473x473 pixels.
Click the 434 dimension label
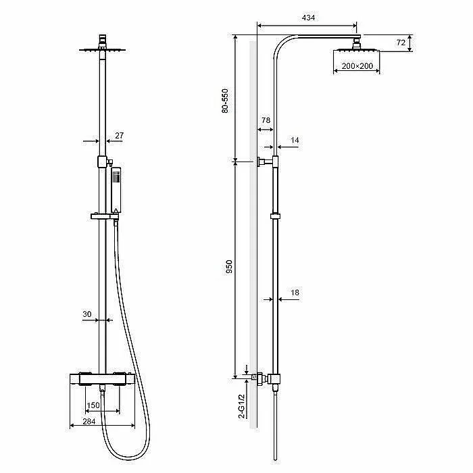pos(308,18)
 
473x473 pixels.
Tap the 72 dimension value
pos(401,43)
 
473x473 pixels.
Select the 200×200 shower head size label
pos(357,66)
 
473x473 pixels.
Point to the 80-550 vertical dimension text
pos(225,101)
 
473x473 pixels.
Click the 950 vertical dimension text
pos(229,267)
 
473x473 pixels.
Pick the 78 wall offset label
pos(266,120)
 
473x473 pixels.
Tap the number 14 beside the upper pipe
pos(295,141)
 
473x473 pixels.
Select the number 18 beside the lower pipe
pos(295,293)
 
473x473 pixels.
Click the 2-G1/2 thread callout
pos(242,406)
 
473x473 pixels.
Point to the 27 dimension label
pos(120,136)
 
